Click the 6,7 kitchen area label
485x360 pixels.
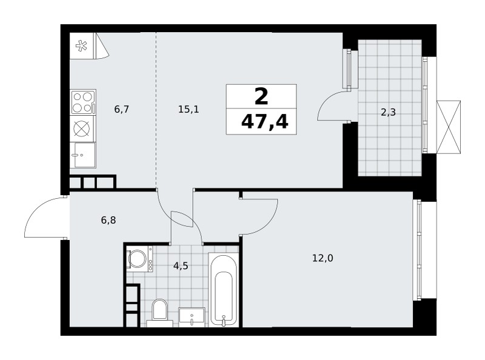pyautogui.click(x=121, y=109)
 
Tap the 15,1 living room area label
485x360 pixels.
pyautogui.click(x=189, y=109)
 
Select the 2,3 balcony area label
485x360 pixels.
pyautogui.click(x=388, y=112)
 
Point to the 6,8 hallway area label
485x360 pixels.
pyautogui.click(x=109, y=220)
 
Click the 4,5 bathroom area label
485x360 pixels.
pyautogui.click(x=181, y=265)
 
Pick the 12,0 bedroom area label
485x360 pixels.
pyautogui.click(x=323, y=258)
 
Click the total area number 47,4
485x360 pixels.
pyautogui.click(x=264, y=122)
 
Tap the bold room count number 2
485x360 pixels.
pyautogui.click(x=261, y=96)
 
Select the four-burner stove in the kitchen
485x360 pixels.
pyautogui.click(x=83, y=102)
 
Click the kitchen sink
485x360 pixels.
pyautogui.click(x=83, y=155)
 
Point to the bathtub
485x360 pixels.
pyautogui.click(x=223, y=290)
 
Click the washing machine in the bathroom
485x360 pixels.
pyautogui.click(x=140, y=259)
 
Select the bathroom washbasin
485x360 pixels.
pyautogui.click(x=192, y=317)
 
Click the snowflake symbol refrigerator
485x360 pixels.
pyautogui.click(x=82, y=46)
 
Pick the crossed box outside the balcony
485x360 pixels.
pyautogui.click(x=449, y=127)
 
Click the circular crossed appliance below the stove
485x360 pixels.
pyautogui.click(x=83, y=128)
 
